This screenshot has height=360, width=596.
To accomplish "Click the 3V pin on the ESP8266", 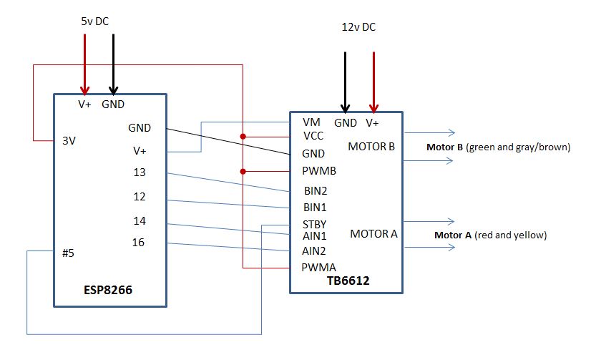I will tap(69, 140).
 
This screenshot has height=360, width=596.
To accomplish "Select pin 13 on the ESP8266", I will tap(140, 172).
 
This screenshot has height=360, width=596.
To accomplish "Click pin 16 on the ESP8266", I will tap(140, 243).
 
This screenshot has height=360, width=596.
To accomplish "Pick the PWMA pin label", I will tap(318, 268).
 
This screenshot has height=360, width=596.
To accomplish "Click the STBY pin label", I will tap(315, 224).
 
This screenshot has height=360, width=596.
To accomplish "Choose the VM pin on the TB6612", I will tap(311, 122).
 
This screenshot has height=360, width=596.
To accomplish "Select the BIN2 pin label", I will tap(316, 191).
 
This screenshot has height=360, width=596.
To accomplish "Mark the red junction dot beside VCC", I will tap(243, 136).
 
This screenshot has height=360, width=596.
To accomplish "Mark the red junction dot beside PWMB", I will tap(243, 171).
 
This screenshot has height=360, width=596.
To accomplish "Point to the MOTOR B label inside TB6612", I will tap(371, 147).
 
